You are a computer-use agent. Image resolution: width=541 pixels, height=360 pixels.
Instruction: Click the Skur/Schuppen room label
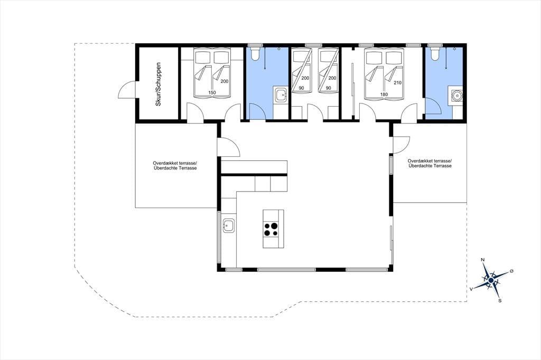pyautogui.click(x=158, y=84)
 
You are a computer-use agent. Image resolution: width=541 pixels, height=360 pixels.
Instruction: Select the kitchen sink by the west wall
pyautogui.click(x=229, y=226)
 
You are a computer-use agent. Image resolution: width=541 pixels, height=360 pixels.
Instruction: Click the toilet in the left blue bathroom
pyautogui.click(x=256, y=53)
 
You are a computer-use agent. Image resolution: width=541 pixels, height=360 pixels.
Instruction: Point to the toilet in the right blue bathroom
pyautogui.click(x=435, y=53)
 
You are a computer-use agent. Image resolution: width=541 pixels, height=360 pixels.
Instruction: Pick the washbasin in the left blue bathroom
pyautogui.click(x=281, y=95)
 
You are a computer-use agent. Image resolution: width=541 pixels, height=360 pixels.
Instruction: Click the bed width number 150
pyautogui.click(x=212, y=92)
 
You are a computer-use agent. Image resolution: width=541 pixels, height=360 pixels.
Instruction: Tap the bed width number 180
pyautogui.click(x=384, y=94)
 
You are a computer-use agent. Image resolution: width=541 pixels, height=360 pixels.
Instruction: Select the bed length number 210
pyautogui.click(x=397, y=83)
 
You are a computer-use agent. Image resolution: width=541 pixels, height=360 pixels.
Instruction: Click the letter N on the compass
pyautogui.click(x=483, y=260)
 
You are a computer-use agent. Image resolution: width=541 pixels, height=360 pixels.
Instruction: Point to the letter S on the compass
pyautogui.click(x=500, y=301)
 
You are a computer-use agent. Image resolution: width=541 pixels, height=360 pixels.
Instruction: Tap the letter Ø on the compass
pyautogui.click(x=511, y=271)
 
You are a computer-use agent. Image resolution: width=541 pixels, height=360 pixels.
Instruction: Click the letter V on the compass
pyautogui.click(x=471, y=289)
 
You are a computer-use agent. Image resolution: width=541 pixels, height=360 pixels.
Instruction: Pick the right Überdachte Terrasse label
pyautogui.click(x=430, y=166)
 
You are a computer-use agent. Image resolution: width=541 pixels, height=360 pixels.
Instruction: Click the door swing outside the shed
pyautogui.click(x=127, y=89)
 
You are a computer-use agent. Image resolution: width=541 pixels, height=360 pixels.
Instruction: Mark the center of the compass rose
pyautogui.click(x=490, y=280)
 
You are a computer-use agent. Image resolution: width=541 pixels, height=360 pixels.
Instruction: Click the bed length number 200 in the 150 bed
pyautogui.click(x=225, y=81)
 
